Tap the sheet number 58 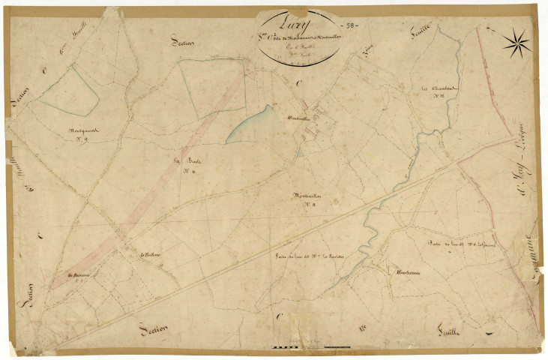tap(351, 25)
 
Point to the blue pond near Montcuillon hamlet tap(250, 123)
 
